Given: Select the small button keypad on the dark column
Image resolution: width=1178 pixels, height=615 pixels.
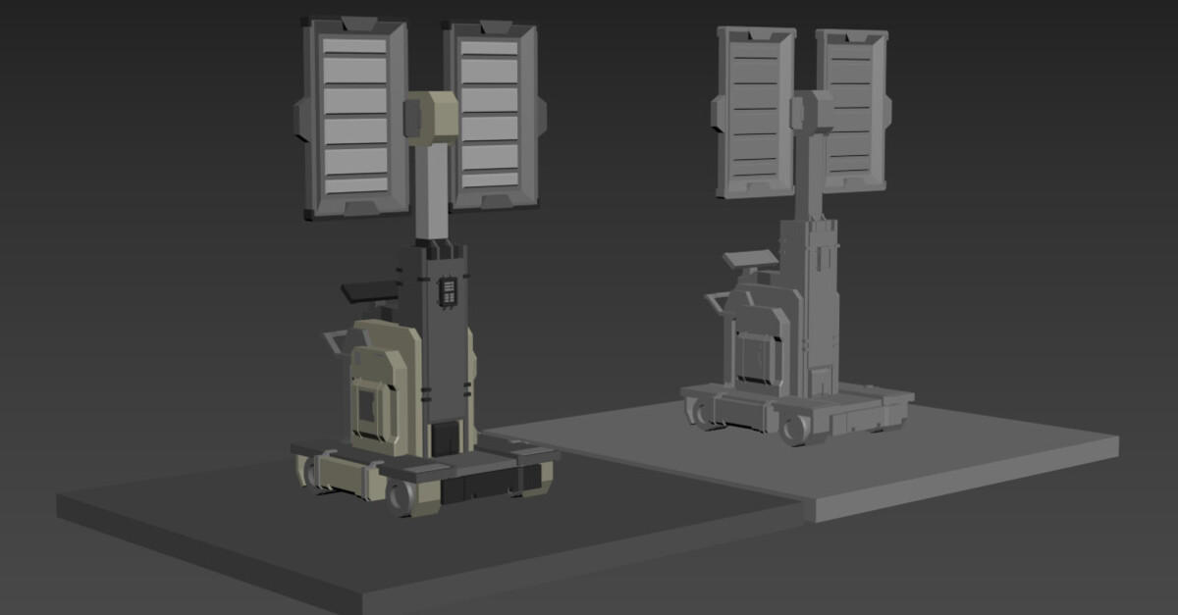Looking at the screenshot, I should (x=448, y=291).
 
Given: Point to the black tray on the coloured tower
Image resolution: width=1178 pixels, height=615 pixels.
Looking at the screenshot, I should (x=371, y=290).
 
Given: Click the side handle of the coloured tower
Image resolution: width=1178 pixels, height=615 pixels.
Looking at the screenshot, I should (x=336, y=342).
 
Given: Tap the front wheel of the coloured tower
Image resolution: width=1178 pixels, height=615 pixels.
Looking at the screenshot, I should (x=403, y=496).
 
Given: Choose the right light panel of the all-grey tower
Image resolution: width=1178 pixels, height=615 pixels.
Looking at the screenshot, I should (x=851, y=108).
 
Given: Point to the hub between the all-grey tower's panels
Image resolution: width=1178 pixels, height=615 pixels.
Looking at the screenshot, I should (x=811, y=110).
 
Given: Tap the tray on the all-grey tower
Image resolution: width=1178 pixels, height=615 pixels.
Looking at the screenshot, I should (x=750, y=260).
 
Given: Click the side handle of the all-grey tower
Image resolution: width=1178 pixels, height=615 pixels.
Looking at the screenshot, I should (x=714, y=305).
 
